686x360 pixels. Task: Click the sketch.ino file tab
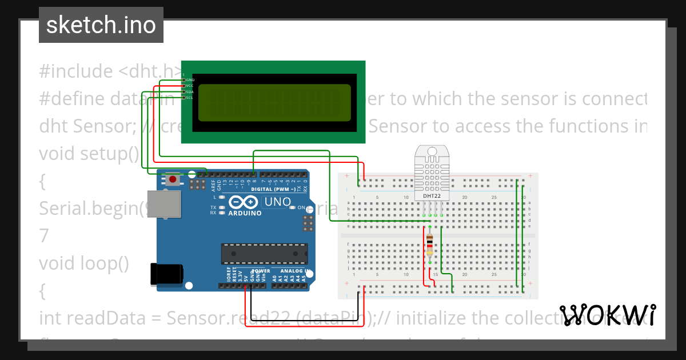point(101,25)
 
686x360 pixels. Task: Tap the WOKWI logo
point(607,315)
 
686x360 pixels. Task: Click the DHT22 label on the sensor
point(432,195)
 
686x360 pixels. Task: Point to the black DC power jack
point(166,273)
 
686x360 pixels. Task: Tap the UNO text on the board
point(277,202)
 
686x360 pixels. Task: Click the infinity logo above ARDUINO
point(244,202)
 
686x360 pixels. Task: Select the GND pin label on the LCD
point(190,80)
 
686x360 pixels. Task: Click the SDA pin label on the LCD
point(190,92)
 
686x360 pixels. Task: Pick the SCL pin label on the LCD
point(190,98)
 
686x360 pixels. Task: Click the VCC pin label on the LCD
point(190,86)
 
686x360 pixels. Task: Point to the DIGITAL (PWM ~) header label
point(273,189)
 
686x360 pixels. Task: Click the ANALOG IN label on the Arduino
point(295,271)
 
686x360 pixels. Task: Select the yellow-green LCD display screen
point(274,103)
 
